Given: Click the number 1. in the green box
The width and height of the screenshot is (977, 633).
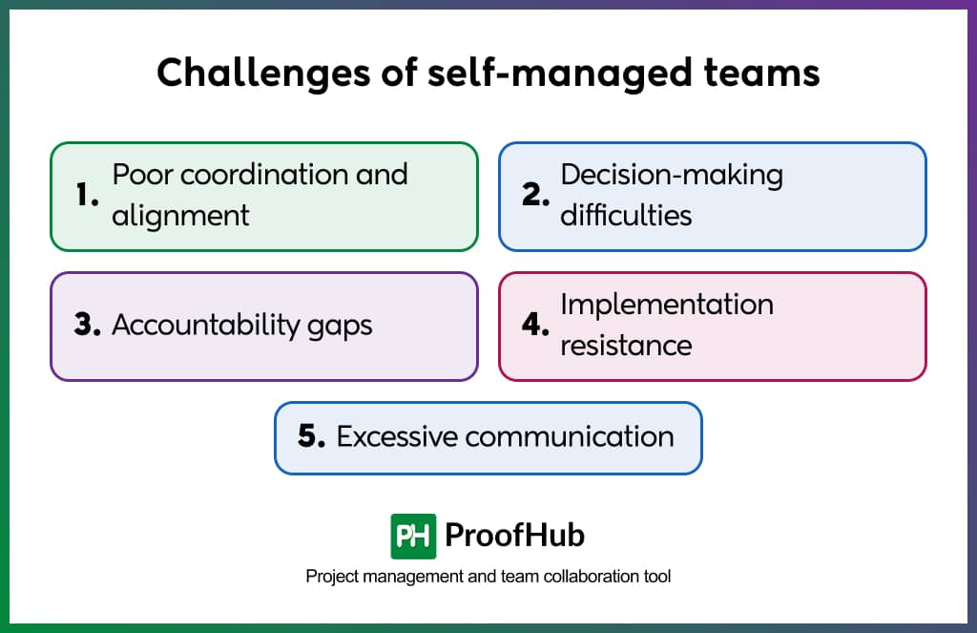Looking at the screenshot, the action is point(88,196).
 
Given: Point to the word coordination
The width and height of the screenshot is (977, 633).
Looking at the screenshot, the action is point(262,175).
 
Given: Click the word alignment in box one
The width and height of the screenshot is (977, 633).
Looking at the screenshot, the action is point(180,216).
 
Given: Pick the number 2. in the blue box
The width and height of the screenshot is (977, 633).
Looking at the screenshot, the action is point(536,196).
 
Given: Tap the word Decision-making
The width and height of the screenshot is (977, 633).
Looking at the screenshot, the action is point(671,175).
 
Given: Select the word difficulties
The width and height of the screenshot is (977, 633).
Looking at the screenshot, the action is point(626,216).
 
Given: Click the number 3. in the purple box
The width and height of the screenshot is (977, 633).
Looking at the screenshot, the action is point(88,326).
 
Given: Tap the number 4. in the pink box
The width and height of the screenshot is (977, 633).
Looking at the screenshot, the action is point(536,326).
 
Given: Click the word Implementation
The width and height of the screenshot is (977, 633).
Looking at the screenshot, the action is point(666,305).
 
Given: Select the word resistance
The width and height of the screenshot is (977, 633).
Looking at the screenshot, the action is point(626,346).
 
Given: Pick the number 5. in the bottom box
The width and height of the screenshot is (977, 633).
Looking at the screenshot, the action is point(312,437).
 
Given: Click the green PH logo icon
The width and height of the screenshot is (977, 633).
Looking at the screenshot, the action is point(413,536).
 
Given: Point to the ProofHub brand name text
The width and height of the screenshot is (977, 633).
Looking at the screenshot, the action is point(514,536).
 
